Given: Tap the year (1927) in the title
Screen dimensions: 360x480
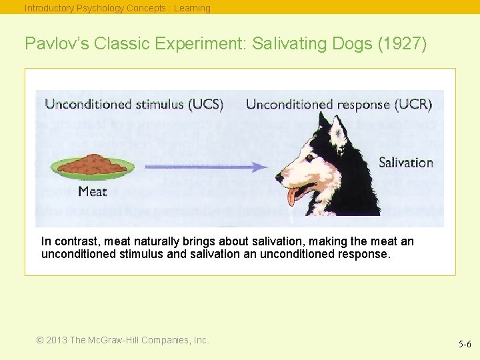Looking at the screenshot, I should click(407, 43).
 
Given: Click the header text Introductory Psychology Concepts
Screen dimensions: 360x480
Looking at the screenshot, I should click(94, 8).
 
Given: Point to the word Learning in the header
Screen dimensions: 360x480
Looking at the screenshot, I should click(192, 8).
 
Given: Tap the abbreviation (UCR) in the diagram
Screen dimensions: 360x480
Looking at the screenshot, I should click(413, 104).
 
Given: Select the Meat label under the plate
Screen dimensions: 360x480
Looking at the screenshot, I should click(92, 192).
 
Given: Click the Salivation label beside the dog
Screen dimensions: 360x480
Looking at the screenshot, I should click(406, 162).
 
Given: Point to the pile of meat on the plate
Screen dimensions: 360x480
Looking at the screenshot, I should click(94, 164).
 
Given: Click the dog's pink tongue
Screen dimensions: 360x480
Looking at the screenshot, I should click(293, 196).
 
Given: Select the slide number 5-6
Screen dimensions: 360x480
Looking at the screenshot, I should click(464, 344).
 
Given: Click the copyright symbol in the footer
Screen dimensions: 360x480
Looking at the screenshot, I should click(41, 340).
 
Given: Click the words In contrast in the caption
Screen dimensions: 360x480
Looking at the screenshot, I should click(63, 241).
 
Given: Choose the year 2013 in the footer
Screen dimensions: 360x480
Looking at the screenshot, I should click(57, 340).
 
